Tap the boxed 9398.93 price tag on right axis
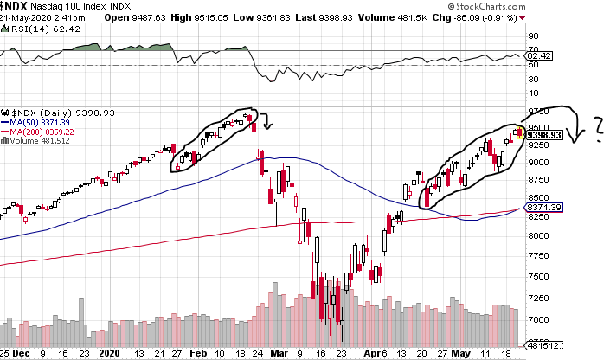coord(545,135)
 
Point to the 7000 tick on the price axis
coord(536,320)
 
